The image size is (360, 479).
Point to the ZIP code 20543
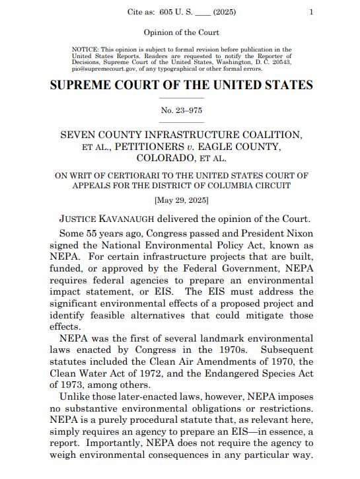point(278,61)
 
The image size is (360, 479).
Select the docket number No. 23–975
point(181,110)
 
